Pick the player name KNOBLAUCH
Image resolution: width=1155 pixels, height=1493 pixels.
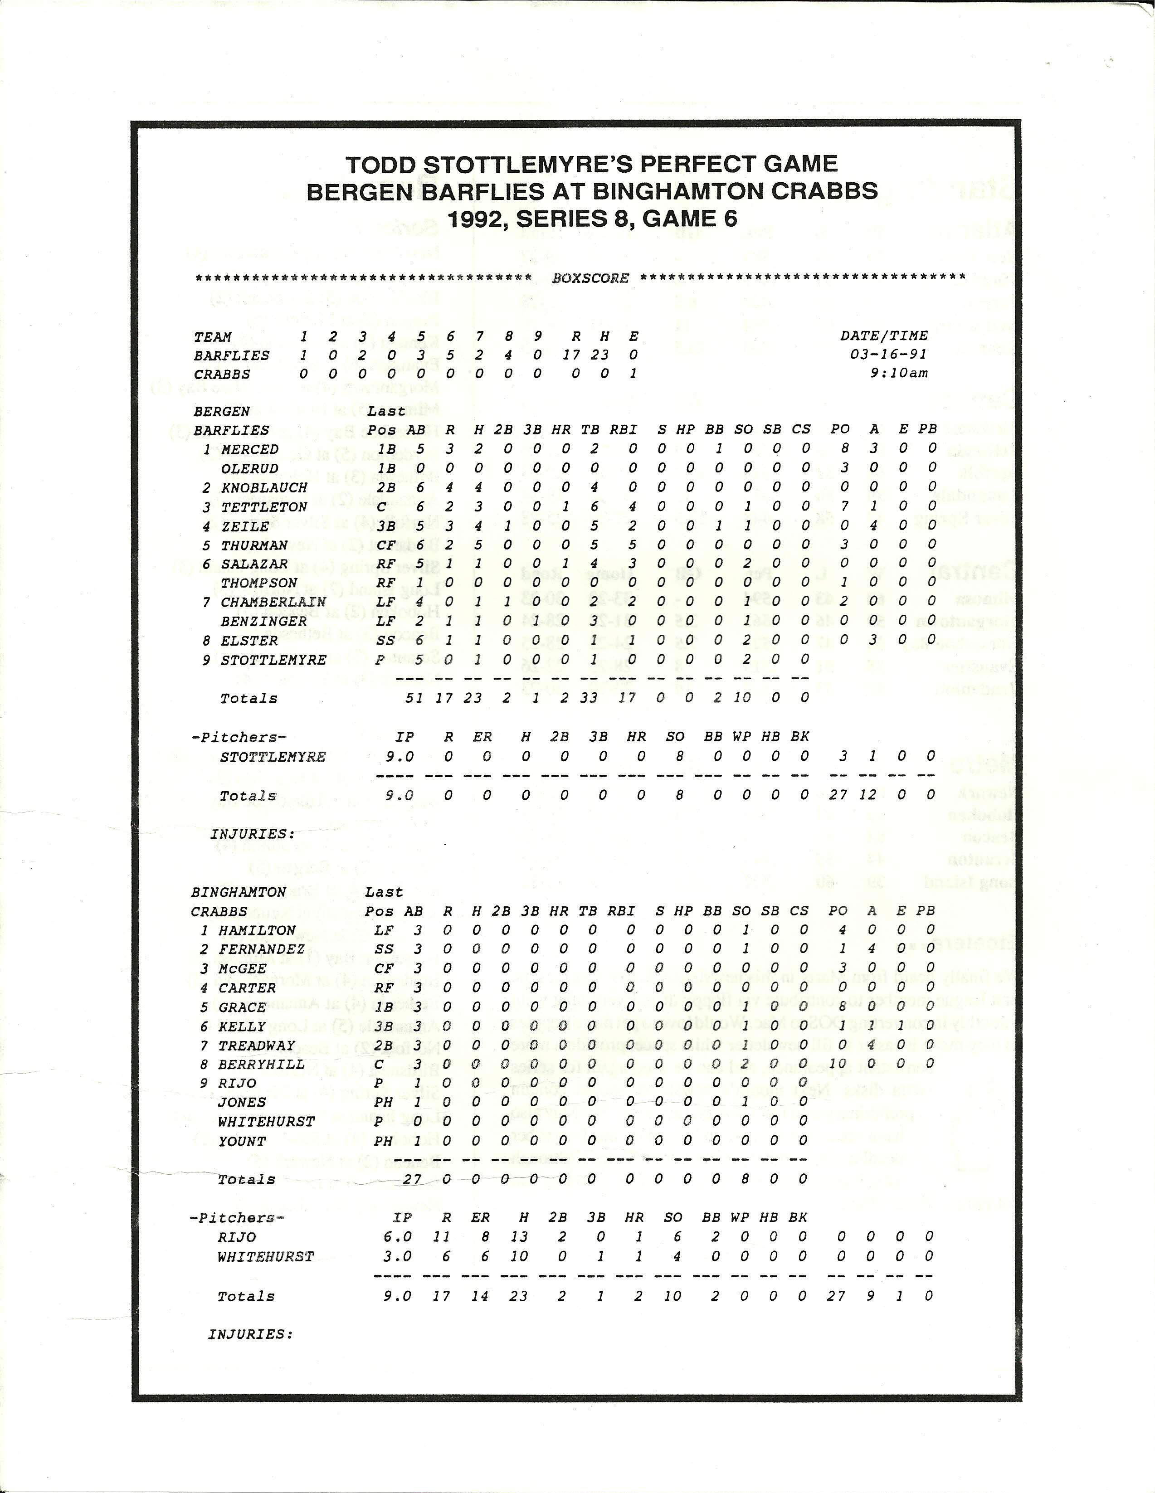[x=254, y=487]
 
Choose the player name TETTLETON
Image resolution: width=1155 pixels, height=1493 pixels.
[x=254, y=506]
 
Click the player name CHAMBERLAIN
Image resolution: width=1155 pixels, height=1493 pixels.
[x=263, y=602]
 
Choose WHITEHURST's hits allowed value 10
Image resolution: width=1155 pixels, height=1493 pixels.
[x=519, y=1256]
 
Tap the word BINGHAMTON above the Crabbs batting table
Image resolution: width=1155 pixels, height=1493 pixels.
[x=239, y=892]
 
